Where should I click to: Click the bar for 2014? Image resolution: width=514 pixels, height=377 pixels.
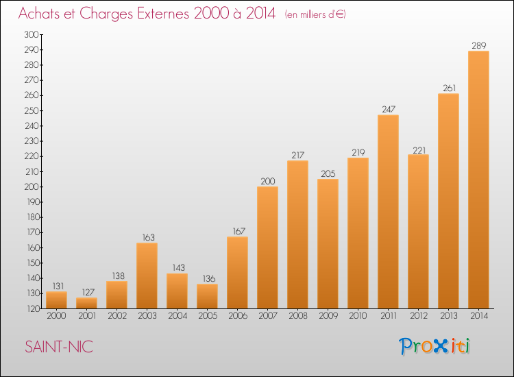[478, 180]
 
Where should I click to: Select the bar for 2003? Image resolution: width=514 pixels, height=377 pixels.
[147, 276]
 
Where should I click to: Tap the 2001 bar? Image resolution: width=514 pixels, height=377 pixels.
[86, 303]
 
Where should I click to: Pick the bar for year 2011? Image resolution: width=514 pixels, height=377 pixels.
[388, 212]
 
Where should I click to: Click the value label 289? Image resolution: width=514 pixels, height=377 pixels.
[479, 45]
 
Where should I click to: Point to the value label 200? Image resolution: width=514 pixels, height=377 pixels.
[268, 181]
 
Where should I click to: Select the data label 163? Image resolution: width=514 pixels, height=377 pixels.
[148, 237]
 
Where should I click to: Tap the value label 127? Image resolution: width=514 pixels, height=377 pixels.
[88, 292]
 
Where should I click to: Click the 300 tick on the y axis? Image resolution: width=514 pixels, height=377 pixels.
[31, 35]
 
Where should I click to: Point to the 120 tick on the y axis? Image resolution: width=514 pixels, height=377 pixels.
[32, 309]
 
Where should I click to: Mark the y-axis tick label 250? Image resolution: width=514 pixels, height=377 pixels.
[32, 111]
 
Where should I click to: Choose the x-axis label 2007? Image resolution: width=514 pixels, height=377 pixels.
[268, 316]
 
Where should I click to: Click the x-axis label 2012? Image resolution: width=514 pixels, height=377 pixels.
[419, 316]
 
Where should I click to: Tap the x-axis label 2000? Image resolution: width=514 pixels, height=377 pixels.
[56, 316]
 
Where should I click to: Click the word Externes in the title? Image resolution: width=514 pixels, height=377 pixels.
[163, 14]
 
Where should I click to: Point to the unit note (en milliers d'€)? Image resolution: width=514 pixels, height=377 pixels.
[315, 14]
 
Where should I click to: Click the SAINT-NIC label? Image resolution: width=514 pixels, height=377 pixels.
[59, 347]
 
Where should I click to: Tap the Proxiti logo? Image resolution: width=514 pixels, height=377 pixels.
[435, 346]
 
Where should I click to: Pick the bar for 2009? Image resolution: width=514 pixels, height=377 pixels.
[328, 244]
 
